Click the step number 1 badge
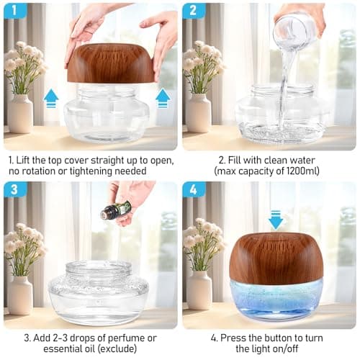(x=15, y=11)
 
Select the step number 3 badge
(x=15, y=191)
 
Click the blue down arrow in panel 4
(x=276, y=218)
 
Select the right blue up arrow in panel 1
(x=163, y=97)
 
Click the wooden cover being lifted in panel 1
(x=110, y=63)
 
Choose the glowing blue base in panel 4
(x=276, y=299)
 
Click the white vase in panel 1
(x=20, y=113)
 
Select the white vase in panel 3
(x=19, y=294)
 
